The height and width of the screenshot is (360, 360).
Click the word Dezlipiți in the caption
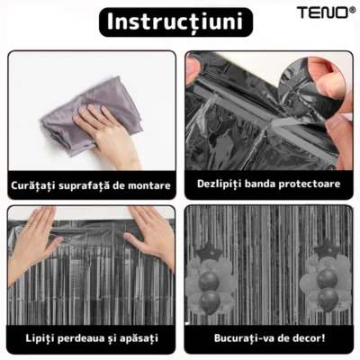[221, 184]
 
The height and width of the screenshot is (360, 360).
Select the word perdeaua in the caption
[81, 339]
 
